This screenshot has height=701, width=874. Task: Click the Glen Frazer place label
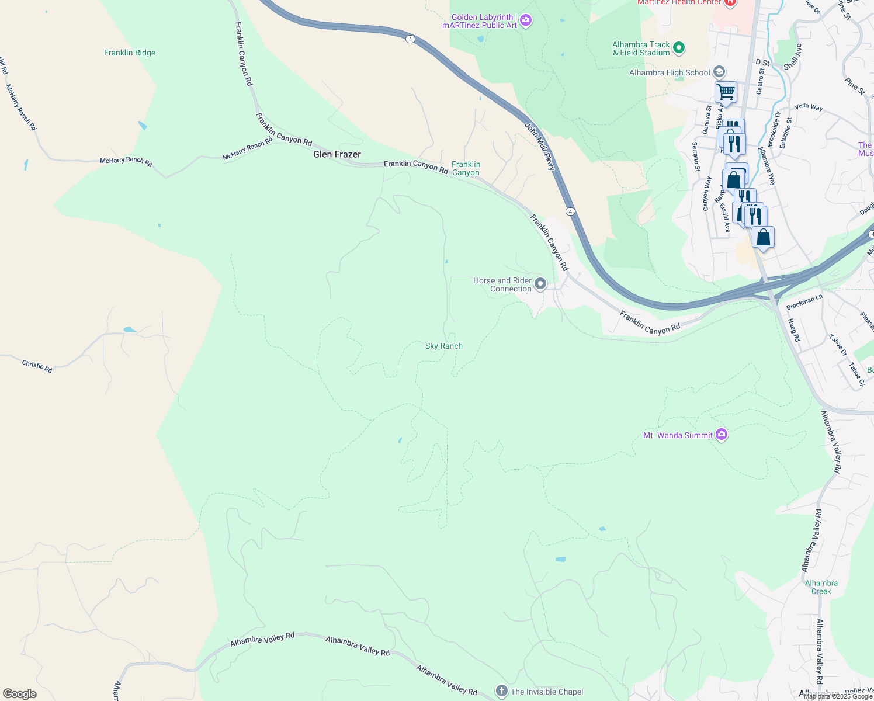pyautogui.click(x=337, y=154)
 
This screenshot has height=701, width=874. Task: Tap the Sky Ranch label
pyautogui.click(x=444, y=346)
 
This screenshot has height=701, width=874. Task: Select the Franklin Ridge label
pyautogui.click(x=130, y=53)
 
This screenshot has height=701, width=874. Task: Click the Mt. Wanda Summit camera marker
pyautogui.click(x=722, y=435)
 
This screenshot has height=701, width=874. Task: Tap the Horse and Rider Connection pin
pyautogui.click(x=540, y=284)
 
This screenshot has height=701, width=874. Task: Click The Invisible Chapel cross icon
pyautogui.click(x=501, y=692)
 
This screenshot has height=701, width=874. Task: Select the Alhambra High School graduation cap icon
pyautogui.click(x=719, y=72)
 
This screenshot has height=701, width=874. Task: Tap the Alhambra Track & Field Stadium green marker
pyautogui.click(x=679, y=48)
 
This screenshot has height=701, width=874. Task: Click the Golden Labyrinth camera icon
pyautogui.click(x=526, y=21)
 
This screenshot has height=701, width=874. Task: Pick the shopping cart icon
pyautogui.click(x=726, y=92)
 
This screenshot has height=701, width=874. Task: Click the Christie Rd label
pyautogui.click(x=37, y=366)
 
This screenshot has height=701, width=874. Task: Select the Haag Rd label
pyautogui.click(x=793, y=330)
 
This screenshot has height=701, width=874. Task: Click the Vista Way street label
pyautogui.click(x=809, y=107)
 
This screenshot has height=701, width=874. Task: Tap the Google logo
pyautogui.click(x=20, y=694)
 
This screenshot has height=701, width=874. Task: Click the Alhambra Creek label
pyautogui.click(x=821, y=587)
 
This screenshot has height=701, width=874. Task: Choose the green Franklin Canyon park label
pyautogui.click(x=466, y=168)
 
